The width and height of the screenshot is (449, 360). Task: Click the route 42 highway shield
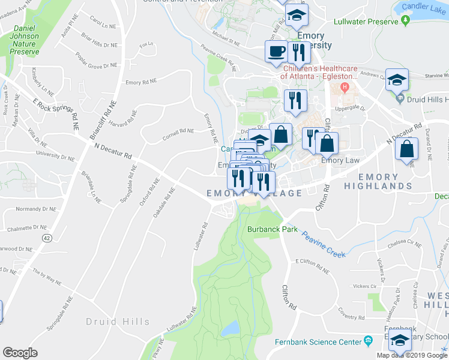tap(46, 238)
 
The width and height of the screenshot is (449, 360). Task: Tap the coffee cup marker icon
tap(276, 52)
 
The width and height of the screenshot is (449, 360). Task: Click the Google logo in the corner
tap(20, 353)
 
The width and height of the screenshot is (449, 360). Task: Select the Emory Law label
tap(340, 160)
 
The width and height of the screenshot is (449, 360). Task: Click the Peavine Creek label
tap(324, 247)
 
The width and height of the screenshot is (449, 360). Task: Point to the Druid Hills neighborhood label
tap(117, 322)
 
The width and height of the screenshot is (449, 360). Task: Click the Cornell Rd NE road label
tap(178, 133)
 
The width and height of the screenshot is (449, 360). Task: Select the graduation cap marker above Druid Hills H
tap(396, 80)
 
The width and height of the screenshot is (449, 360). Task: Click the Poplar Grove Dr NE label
tap(96, 61)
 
